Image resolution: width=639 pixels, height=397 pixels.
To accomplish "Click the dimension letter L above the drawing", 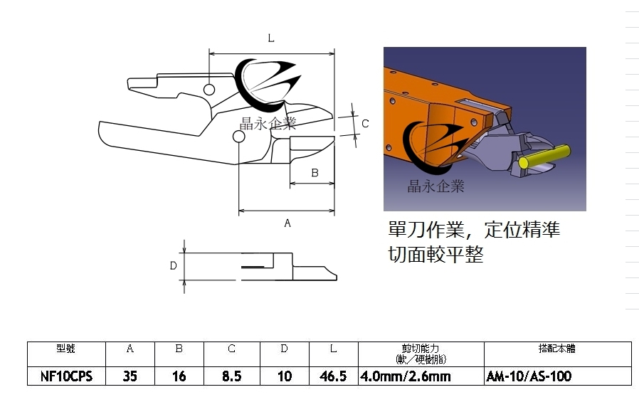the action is pyautogui.click(x=271, y=38).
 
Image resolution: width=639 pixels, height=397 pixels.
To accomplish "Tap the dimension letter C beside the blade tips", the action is pyautogui.click(x=365, y=124).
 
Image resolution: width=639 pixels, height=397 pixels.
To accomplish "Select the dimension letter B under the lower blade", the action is pyautogui.click(x=315, y=173).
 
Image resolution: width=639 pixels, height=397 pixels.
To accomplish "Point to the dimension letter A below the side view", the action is pyautogui.click(x=287, y=223).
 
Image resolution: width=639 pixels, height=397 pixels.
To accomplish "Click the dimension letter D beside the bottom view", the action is pyautogui.click(x=173, y=266).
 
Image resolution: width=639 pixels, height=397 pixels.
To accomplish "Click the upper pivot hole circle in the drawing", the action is pyautogui.click(x=209, y=90).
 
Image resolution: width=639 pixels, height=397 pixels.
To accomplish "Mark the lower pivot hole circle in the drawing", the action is pyautogui.click(x=239, y=137).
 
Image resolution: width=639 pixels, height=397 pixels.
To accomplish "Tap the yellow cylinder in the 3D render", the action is pyautogui.click(x=544, y=157).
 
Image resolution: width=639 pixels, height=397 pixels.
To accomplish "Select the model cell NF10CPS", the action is pyautogui.click(x=66, y=376).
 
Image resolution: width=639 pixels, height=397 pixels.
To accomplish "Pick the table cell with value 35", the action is pyautogui.click(x=130, y=376).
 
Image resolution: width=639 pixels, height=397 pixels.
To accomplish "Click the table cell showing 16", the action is pyautogui.click(x=179, y=376).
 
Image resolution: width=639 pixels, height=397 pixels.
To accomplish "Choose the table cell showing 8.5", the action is pyautogui.click(x=232, y=376).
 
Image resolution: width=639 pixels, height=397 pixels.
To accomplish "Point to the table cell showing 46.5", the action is pyautogui.click(x=333, y=376).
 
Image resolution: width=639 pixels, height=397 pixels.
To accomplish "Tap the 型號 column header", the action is pyautogui.click(x=66, y=349).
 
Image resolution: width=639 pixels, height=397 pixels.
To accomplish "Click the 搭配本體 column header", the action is pyautogui.click(x=556, y=349).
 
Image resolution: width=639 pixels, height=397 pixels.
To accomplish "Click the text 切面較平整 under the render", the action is pyautogui.click(x=435, y=254).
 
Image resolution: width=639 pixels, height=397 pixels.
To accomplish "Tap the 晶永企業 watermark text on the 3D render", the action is pyautogui.click(x=435, y=186).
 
